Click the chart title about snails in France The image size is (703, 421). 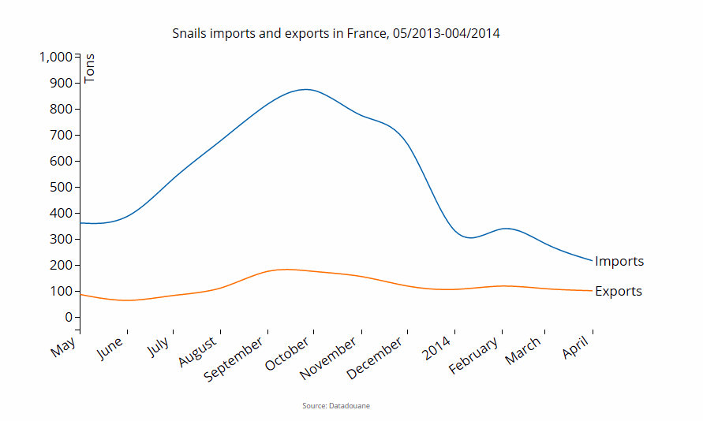[x=336, y=34]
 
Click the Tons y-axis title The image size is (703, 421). [x=89, y=68]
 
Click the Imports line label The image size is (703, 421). [x=619, y=261]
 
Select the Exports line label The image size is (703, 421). [x=619, y=291]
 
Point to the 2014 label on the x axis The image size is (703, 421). [x=438, y=348]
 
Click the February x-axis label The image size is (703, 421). [x=474, y=355]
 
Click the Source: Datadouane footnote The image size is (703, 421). [x=336, y=405]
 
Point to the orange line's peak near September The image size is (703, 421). [x=286, y=270]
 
